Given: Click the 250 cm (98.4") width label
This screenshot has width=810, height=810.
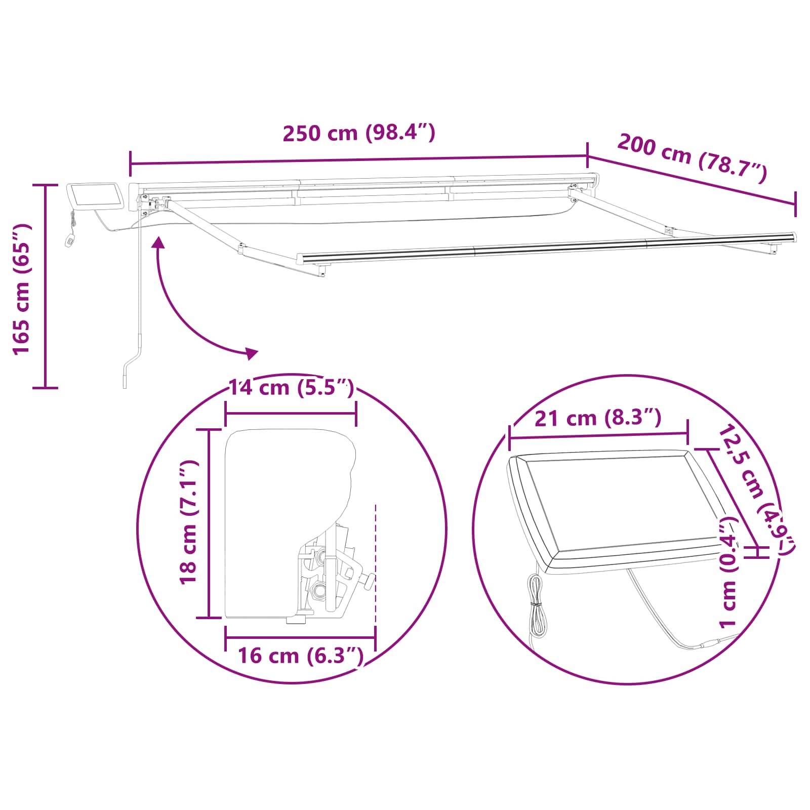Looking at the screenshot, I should [x=358, y=133].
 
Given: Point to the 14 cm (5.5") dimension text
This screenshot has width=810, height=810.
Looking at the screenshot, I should [x=291, y=388].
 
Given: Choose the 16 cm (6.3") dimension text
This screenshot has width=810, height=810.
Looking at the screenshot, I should [x=301, y=656].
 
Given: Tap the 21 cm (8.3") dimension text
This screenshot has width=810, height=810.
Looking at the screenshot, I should [x=597, y=419].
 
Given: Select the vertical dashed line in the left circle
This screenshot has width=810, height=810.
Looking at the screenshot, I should [x=375, y=562].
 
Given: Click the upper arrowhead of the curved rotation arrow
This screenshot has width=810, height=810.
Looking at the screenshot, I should [x=160, y=244].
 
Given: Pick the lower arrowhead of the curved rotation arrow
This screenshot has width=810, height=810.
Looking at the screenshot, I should [x=251, y=353].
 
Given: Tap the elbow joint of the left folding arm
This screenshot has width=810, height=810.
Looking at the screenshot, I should [x=242, y=248].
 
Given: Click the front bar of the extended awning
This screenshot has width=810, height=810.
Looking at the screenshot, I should [x=547, y=248].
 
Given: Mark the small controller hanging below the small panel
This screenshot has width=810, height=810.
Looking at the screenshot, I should [x=69, y=240].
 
